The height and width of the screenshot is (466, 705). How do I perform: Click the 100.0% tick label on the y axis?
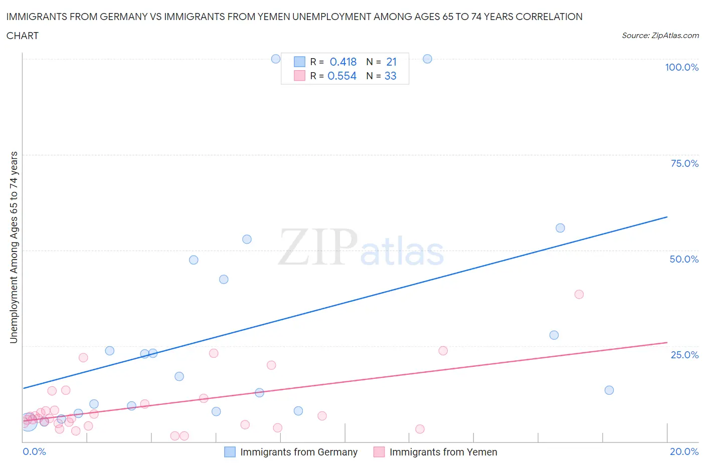click(x=681, y=68)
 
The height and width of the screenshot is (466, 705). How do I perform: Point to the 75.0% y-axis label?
click(x=684, y=163)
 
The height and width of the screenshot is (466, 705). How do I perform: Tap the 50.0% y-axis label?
click(x=684, y=259)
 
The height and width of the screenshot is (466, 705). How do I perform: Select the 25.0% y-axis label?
click(x=684, y=355)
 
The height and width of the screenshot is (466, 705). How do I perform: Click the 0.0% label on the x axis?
click(x=34, y=451)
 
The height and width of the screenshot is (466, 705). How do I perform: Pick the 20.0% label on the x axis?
click(x=684, y=451)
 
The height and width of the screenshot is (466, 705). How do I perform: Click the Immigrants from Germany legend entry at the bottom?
click(x=298, y=452)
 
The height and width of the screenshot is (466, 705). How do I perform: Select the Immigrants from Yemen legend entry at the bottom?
click(x=443, y=452)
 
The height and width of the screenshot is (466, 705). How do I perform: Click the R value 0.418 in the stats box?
click(x=343, y=62)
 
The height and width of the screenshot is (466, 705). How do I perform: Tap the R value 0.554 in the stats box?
click(x=342, y=76)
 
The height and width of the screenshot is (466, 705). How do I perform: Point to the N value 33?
click(x=390, y=76)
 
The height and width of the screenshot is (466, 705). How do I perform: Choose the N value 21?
click(x=391, y=62)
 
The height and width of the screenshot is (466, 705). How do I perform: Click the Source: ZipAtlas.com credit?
click(x=660, y=35)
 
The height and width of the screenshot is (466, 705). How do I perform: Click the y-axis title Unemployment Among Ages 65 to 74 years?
click(x=14, y=247)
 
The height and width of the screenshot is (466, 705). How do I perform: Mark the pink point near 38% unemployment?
click(x=579, y=294)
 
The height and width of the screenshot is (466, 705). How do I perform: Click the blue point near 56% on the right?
click(x=560, y=228)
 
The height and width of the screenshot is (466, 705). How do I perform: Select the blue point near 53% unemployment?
click(x=247, y=239)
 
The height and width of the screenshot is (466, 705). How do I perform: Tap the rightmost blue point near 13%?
click(x=609, y=390)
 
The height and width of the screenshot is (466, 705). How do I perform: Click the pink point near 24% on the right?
click(x=443, y=351)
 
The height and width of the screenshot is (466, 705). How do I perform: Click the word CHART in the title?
click(x=22, y=36)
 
